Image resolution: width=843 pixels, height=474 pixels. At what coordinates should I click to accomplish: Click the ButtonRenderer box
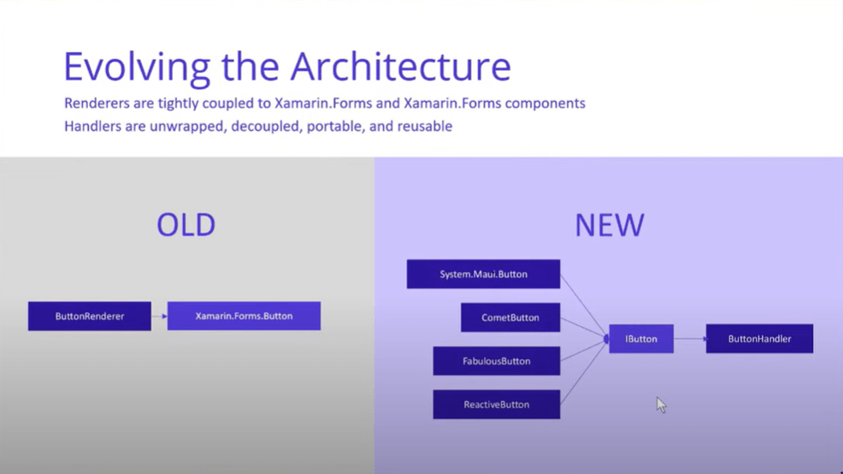pyautogui.click(x=90, y=316)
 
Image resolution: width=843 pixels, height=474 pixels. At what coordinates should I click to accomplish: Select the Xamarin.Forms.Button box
pyautogui.click(x=244, y=316)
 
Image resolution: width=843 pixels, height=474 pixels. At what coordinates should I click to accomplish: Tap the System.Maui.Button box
pyautogui.click(x=483, y=274)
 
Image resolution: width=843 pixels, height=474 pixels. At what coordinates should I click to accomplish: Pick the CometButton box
pyautogui.click(x=510, y=317)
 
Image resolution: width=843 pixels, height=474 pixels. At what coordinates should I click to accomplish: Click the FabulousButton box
pyautogui.click(x=496, y=361)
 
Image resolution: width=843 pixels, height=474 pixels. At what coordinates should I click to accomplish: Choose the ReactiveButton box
pyautogui.click(x=496, y=405)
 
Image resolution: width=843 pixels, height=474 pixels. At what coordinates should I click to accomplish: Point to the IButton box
pyautogui.click(x=641, y=339)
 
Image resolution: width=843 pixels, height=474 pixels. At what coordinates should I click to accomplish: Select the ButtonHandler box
pyautogui.click(x=760, y=339)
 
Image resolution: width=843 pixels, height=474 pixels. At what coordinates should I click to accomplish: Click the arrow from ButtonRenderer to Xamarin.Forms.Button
pyautogui.click(x=159, y=317)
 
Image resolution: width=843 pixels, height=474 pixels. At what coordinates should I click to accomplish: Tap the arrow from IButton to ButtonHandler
pyautogui.click(x=690, y=339)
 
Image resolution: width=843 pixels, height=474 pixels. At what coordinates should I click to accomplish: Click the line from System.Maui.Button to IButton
pyautogui.click(x=584, y=306)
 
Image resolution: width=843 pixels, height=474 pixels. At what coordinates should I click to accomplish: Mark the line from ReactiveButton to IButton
pyautogui.click(x=584, y=372)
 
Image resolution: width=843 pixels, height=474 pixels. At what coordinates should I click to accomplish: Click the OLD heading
pyautogui.click(x=186, y=225)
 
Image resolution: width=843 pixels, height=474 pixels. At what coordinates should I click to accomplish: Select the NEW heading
pyautogui.click(x=609, y=225)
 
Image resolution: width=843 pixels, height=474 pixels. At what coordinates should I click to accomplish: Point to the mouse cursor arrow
pyautogui.click(x=661, y=406)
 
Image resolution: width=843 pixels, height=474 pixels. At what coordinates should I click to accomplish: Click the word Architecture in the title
pyautogui.click(x=400, y=67)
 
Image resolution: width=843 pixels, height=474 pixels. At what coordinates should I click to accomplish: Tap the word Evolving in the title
pyautogui.click(x=137, y=68)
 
